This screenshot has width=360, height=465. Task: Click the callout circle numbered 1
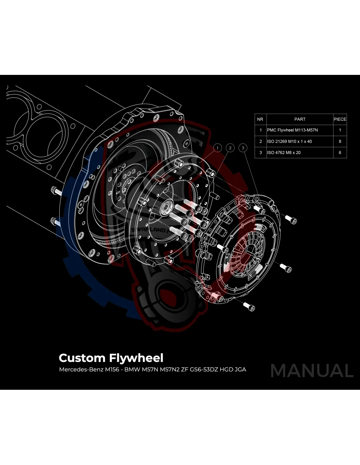[218, 148]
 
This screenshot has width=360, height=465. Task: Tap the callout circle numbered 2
[230, 148]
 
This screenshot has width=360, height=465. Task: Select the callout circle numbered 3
[243, 148]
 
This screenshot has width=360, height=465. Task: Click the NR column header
[260, 119]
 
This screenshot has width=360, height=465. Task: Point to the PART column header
[300, 119]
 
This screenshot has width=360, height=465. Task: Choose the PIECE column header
[340, 119]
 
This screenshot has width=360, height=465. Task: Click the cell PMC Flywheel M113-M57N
[292, 130]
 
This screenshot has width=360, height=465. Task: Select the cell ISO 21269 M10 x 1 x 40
[289, 142]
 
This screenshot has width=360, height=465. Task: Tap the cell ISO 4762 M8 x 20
[284, 153]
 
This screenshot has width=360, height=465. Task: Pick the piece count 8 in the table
[340, 142]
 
